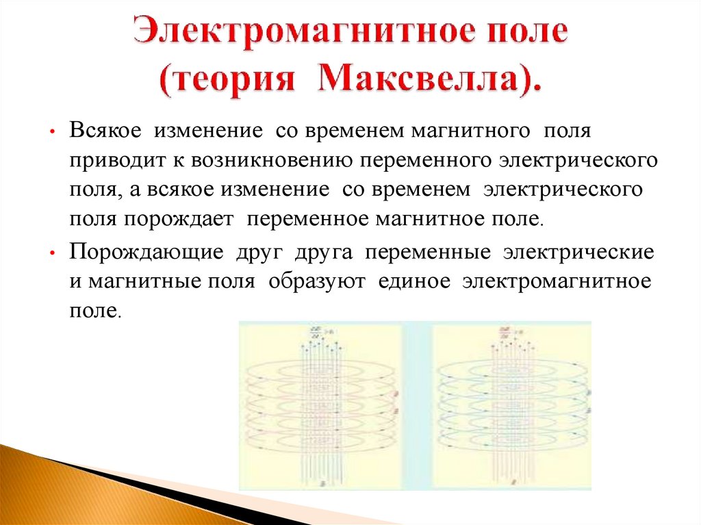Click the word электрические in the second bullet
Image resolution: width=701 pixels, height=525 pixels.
click(578, 251)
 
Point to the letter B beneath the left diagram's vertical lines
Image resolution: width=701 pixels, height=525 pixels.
click(320, 482)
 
